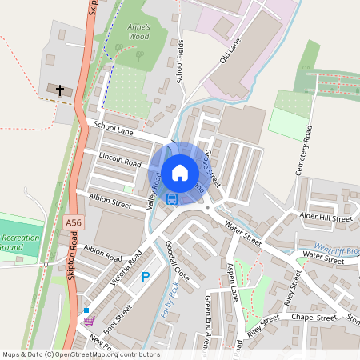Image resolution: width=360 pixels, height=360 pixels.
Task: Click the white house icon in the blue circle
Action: point(180,172)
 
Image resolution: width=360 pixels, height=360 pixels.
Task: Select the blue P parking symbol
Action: point(146,277)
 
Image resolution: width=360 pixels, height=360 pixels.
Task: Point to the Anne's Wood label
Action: point(138,31)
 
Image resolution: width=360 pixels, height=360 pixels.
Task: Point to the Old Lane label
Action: point(230,54)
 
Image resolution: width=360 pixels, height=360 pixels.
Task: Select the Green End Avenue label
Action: point(207,315)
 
